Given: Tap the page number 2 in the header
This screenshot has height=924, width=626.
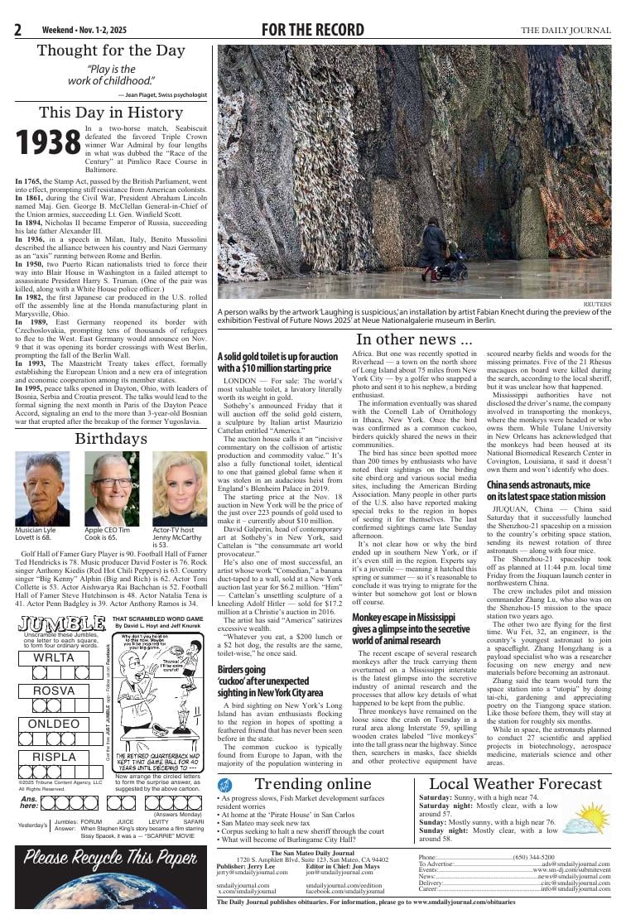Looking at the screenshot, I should click(x=17, y=31).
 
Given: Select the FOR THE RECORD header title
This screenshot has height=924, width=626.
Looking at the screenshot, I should click(x=312, y=31).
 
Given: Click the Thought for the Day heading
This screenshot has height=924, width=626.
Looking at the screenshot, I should click(x=111, y=51).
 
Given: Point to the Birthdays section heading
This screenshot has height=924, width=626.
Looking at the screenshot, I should click(x=111, y=438).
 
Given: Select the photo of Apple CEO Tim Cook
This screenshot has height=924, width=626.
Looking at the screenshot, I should click(x=111, y=489).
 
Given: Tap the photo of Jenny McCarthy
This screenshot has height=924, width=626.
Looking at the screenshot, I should click(x=180, y=489).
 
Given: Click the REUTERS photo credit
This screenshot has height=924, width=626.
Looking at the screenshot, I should click(x=596, y=304).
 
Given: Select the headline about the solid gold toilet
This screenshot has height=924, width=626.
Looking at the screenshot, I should click(x=277, y=362).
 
